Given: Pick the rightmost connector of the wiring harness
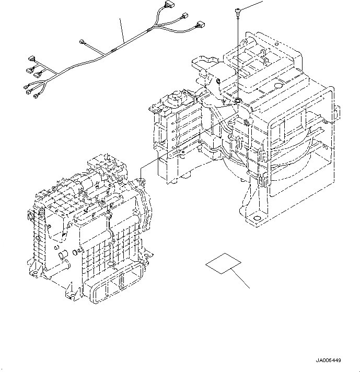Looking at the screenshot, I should tap(200, 24).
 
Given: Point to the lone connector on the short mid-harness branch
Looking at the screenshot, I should tap(81, 41).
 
